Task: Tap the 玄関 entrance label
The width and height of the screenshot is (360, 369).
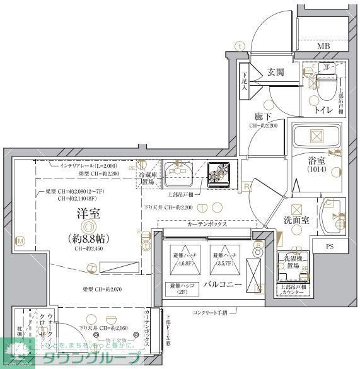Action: click(x=276, y=72)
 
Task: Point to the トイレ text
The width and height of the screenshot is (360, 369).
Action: click(x=325, y=110)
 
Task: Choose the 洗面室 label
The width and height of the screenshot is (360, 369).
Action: click(x=296, y=221)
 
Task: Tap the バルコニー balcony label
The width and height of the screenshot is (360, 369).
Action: click(x=222, y=285)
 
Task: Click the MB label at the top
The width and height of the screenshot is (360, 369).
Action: click(x=323, y=46)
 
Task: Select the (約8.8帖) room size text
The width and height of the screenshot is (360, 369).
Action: click(x=87, y=239)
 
